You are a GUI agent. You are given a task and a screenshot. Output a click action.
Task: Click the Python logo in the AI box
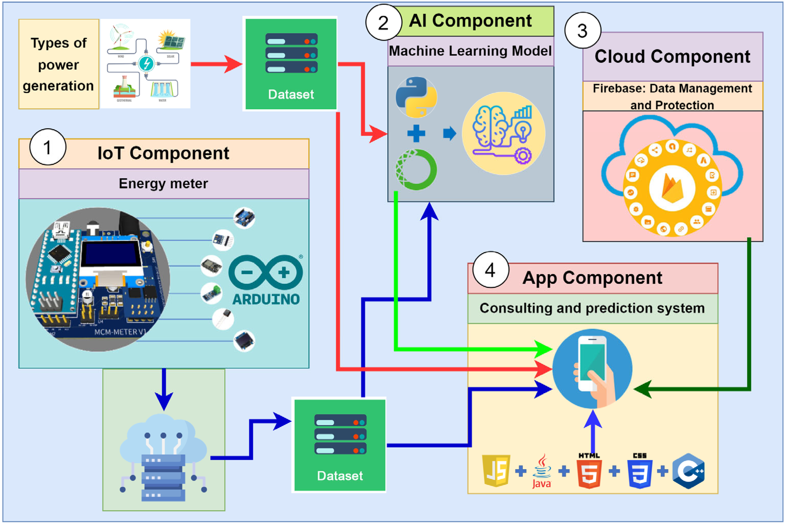coord(416,97)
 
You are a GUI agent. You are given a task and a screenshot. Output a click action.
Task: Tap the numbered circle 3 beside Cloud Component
coord(583,31)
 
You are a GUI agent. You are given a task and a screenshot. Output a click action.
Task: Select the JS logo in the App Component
coord(496,470)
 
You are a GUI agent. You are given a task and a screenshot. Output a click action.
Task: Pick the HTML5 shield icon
coord(589,472)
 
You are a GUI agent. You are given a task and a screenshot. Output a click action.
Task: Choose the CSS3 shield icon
coord(640,472)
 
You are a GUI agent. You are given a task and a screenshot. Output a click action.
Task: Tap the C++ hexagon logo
coord(688,471)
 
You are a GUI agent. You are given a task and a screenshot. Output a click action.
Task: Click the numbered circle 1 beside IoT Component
coord(48,147)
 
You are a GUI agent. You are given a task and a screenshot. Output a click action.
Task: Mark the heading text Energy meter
coord(164,184)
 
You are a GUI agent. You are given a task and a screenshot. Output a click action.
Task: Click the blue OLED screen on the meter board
coord(111,253)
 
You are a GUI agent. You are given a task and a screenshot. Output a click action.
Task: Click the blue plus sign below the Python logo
coord(416,133)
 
